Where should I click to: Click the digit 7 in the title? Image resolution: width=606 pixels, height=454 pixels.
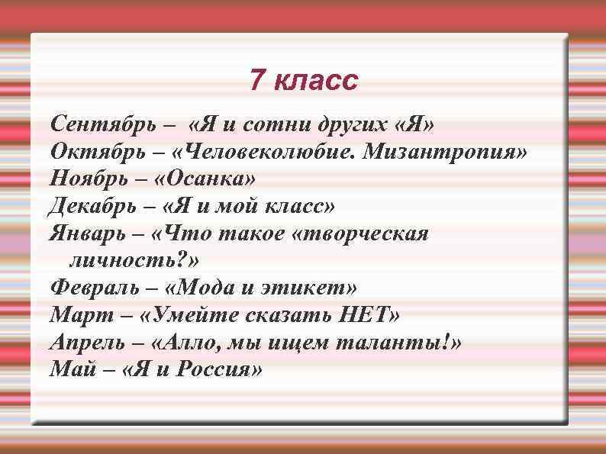pyautogui.click(x=258, y=79)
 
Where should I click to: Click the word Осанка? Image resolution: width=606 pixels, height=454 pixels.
pyautogui.click(x=208, y=179)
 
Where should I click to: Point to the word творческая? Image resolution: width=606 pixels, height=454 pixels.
pyautogui.click(x=366, y=233)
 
